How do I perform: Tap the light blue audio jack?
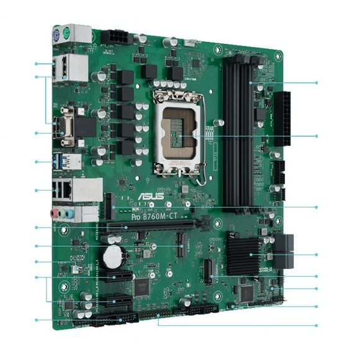pyautogui.click(x=70, y=214)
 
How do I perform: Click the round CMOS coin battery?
pyautogui.click(x=112, y=255)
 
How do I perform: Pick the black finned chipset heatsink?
pyautogui.click(x=243, y=254)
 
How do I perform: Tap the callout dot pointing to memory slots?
pyautogui.click(x=317, y=83)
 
